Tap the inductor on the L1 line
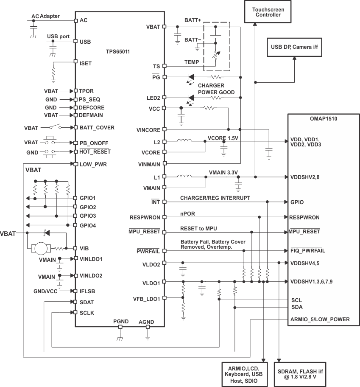coord(184,176)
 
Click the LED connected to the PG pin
coord(190,77)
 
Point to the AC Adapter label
coord(45,16)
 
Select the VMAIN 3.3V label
coord(223,172)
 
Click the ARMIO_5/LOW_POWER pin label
coord(320,319)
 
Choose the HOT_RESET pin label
coord(95,152)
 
